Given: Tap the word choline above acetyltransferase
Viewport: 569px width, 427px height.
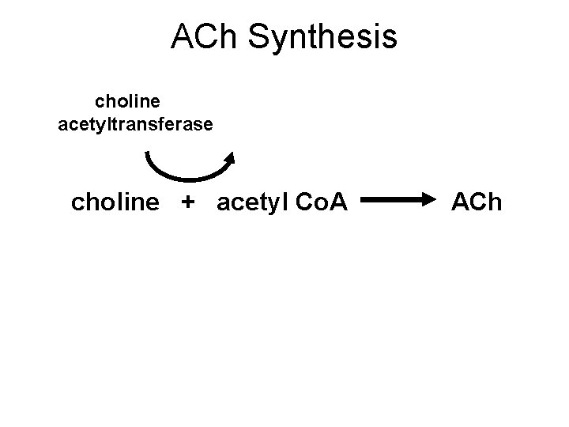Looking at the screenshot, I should coord(128,103).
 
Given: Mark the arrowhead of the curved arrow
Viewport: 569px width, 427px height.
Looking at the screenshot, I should coord(230,157).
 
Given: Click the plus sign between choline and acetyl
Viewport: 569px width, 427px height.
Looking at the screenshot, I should coord(187,204).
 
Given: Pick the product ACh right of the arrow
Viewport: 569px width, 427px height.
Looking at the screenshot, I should coord(476,203).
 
